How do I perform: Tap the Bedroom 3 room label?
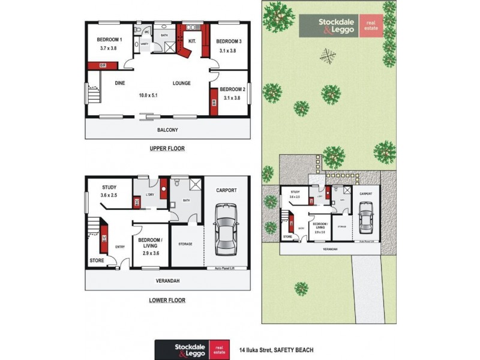click(229, 41)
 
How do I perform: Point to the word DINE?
click(120, 83)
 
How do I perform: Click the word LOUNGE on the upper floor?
click(182, 83)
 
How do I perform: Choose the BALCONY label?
click(168, 130)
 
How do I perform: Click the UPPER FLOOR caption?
click(167, 148)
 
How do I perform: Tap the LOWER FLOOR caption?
click(167, 300)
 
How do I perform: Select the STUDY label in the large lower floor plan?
click(109, 187)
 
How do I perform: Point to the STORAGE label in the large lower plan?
click(185, 244)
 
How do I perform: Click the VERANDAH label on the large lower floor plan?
click(168, 280)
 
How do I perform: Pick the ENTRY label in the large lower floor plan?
click(120, 245)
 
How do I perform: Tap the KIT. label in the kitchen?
click(193, 41)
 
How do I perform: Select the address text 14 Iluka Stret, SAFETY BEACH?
click(276, 349)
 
